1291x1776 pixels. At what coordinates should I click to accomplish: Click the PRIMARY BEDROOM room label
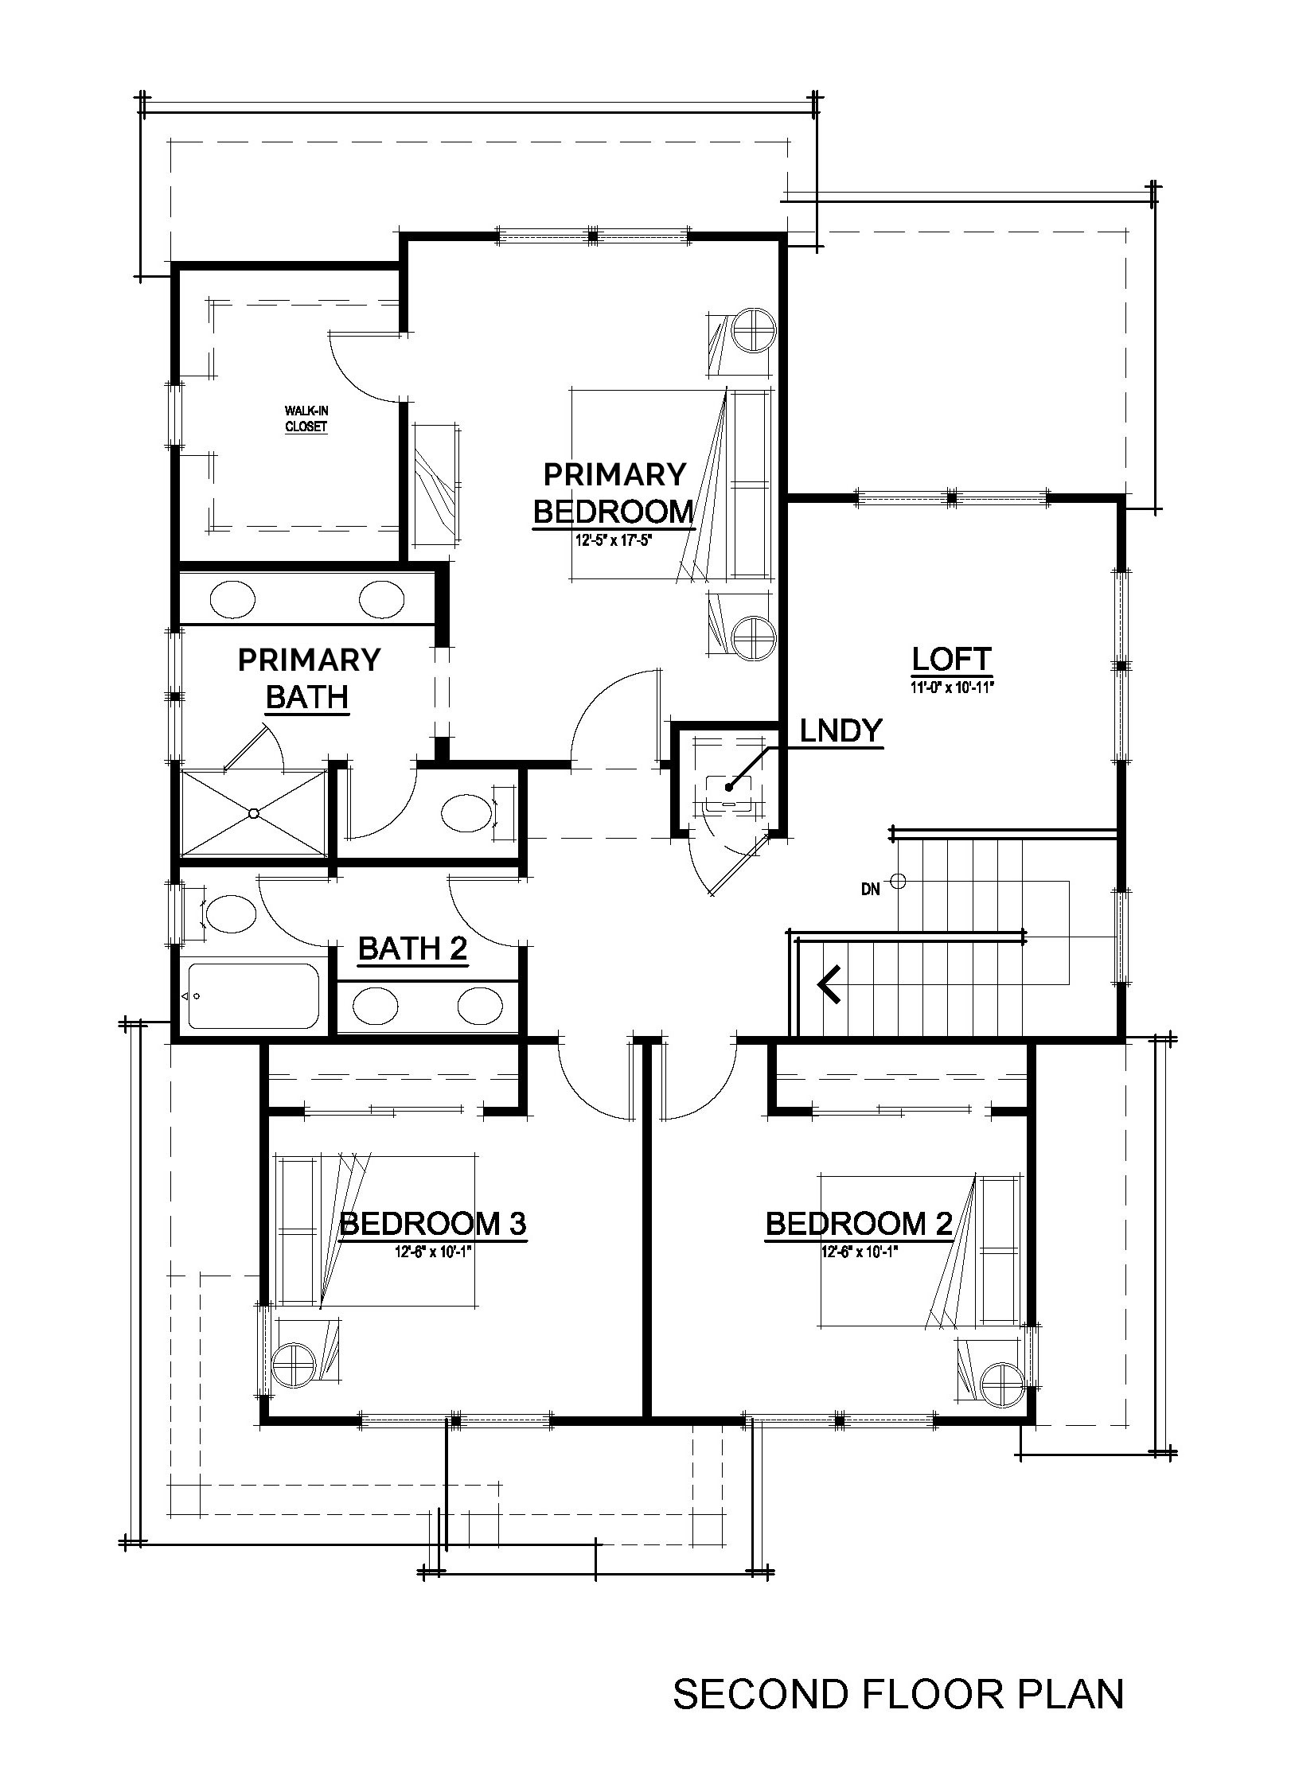coord(614,493)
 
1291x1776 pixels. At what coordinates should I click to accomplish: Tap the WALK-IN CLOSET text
coord(306,419)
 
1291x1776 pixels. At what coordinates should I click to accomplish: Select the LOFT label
coord(951,659)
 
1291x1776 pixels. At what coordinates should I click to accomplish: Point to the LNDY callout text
coord(841,730)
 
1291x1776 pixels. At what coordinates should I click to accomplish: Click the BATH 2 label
coord(412,948)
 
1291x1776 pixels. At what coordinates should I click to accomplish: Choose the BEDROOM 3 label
coord(433,1223)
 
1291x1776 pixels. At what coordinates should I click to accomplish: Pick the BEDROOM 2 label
coord(859,1223)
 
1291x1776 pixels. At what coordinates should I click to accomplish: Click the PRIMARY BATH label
coord(309,678)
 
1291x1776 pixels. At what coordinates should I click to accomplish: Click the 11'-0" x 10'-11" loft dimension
coord(952,687)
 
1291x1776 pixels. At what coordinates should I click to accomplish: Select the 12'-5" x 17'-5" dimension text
coord(614,540)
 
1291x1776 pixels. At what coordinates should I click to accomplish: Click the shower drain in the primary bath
coord(253,813)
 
